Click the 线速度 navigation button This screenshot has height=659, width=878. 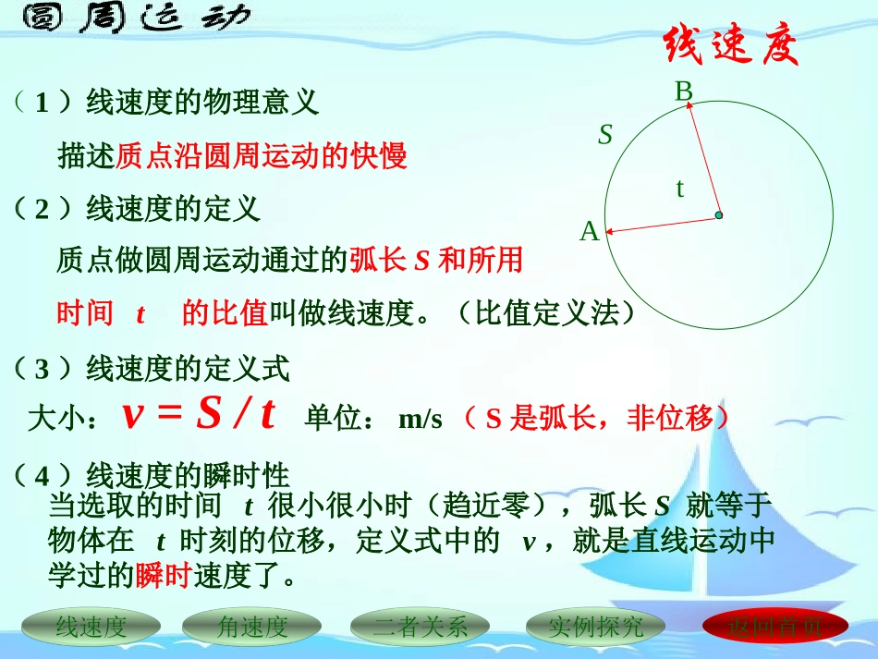(x=91, y=628)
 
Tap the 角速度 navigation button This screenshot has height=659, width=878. (x=252, y=628)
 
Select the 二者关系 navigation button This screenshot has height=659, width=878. (x=421, y=628)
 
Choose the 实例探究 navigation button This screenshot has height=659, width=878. (x=595, y=628)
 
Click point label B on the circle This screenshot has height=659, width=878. (x=683, y=91)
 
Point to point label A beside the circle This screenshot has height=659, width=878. (x=589, y=232)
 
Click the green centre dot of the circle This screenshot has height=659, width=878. (x=718, y=215)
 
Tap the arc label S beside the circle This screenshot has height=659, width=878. (x=605, y=135)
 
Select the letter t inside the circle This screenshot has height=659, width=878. (x=680, y=189)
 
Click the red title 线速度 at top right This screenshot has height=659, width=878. (x=730, y=46)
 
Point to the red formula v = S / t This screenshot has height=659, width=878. (x=199, y=416)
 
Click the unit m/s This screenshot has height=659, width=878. (x=421, y=420)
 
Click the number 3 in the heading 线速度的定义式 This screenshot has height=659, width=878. (x=41, y=370)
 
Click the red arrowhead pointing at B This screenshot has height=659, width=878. (x=689, y=107)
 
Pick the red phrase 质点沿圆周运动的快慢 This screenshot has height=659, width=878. (x=262, y=156)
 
